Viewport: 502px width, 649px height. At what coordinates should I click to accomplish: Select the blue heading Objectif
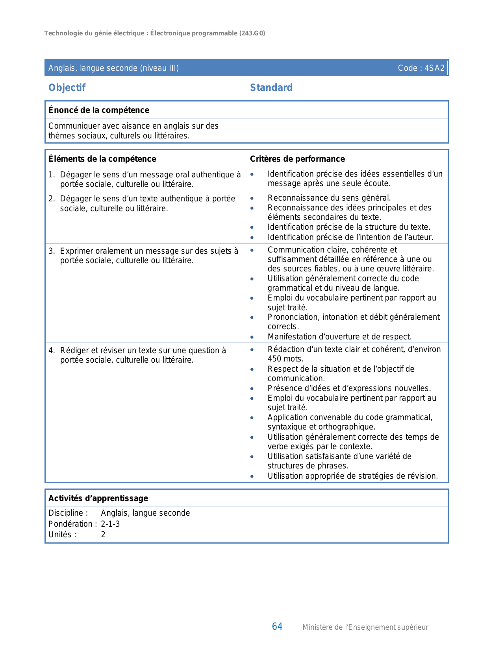pos(67,88)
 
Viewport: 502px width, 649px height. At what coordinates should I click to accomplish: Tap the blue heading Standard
pos(271,88)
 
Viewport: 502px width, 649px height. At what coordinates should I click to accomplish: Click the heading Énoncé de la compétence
pos(98,110)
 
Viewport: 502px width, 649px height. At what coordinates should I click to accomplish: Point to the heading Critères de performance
pos(297,159)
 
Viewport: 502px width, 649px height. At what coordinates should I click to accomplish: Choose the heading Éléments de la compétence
pos(102,159)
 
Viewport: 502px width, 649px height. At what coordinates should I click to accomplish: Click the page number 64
pos(277,627)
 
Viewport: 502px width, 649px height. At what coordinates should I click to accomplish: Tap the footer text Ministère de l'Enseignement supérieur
pos(365,627)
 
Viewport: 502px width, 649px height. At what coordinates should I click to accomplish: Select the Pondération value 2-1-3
pos(110,524)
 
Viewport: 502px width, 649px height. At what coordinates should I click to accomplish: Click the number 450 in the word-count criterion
pos(275,359)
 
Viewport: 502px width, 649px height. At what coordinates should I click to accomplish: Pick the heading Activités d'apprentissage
pos(98,498)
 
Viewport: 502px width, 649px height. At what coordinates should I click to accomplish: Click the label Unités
pos(62,535)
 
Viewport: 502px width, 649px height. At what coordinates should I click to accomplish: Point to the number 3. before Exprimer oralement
pos(52,251)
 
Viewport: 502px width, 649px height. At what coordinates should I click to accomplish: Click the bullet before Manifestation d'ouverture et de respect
pos(252,337)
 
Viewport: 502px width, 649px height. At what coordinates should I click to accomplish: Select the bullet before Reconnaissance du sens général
pos(252,198)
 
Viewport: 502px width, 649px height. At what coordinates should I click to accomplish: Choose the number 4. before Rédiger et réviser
pos(52,350)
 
